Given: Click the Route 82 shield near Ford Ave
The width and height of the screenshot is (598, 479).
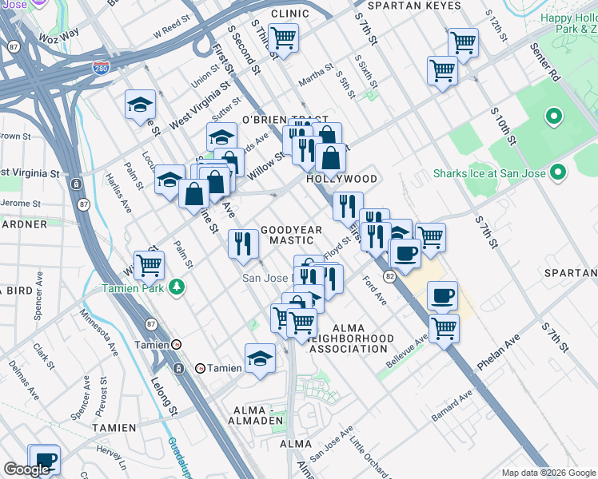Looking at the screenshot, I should click(389, 275).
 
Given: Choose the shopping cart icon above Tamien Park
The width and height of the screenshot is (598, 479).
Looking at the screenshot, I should click(149, 264).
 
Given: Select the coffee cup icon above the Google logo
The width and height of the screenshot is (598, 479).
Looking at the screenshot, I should click(44, 459).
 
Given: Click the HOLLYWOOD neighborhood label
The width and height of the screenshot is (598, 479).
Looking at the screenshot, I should click(342, 179).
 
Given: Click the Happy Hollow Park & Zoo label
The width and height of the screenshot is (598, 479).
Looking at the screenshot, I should click(568, 23).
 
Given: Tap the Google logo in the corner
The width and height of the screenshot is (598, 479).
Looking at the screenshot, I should click(26, 469).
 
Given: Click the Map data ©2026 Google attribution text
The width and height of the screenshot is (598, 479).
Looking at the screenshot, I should click(548, 473).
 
